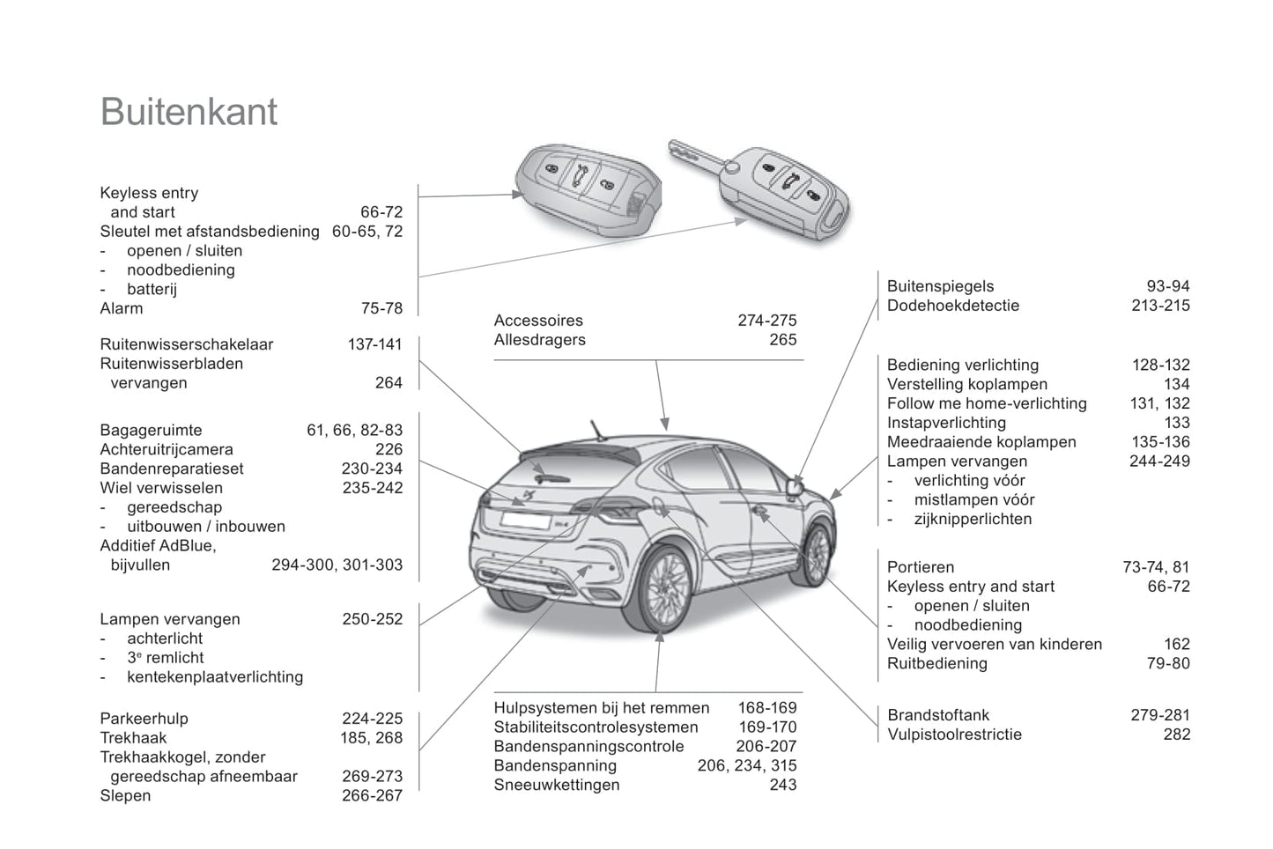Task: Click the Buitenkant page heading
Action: pos(189,112)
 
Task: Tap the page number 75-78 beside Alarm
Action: pos(381,308)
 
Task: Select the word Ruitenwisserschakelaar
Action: pos(187,344)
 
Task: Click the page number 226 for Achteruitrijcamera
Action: pos(389,449)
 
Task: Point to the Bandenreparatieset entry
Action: pos(172,469)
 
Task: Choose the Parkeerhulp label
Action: pos(144,719)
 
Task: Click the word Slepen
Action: pos(125,795)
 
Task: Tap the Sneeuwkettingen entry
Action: pos(557,785)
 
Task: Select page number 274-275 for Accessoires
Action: pos(766,321)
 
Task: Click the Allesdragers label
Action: pos(539,340)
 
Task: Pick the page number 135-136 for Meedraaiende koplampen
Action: pos(1160,442)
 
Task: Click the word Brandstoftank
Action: pos(938,715)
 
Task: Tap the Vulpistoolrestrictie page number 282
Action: pos(1176,735)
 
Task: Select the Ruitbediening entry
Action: pos(936,663)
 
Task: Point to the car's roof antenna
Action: pos(599,428)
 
